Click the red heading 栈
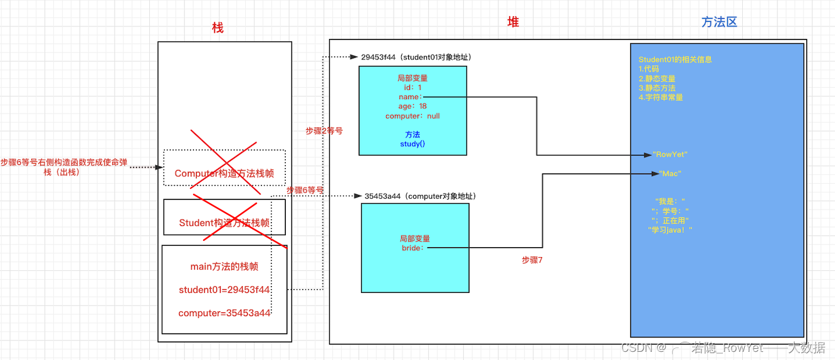click(x=218, y=28)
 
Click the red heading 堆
click(x=513, y=22)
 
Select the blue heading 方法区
click(x=719, y=22)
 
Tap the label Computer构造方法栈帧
click(x=224, y=173)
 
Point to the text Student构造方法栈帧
click(x=224, y=223)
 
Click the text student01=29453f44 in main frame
click(x=224, y=290)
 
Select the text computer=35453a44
click(x=224, y=313)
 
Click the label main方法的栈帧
click(x=224, y=267)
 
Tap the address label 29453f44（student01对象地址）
click(x=416, y=57)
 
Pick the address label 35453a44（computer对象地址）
click(x=420, y=196)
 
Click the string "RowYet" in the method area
click(x=670, y=154)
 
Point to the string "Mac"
click(x=670, y=174)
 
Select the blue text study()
click(x=412, y=144)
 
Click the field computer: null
click(x=412, y=116)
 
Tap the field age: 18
click(x=412, y=107)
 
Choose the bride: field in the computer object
click(x=413, y=248)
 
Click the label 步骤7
click(x=532, y=260)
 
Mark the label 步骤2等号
click(x=324, y=130)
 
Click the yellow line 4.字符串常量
click(x=661, y=97)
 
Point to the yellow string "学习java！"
click(x=670, y=230)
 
